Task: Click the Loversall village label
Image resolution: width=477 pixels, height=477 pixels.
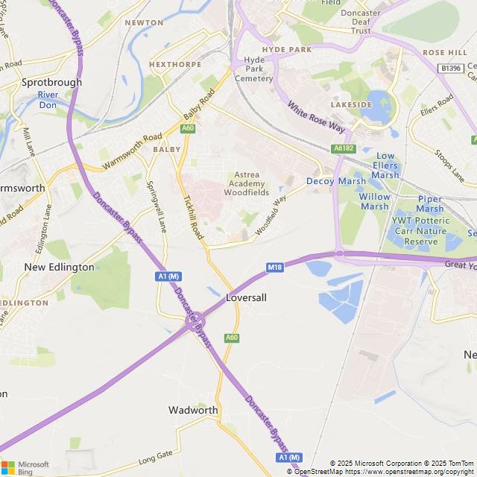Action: click(x=246, y=297)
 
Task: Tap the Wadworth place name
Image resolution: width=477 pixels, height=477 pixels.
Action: click(x=193, y=410)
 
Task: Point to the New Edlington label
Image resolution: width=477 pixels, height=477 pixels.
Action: click(x=60, y=267)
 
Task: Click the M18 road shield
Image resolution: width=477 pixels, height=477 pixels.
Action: click(x=274, y=267)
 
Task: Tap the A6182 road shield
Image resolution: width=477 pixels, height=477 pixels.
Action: click(x=344, y=148)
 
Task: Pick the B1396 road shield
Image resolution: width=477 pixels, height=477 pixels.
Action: click(x=451, y=68)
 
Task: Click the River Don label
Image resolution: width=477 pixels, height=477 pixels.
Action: click(x=48, y=100)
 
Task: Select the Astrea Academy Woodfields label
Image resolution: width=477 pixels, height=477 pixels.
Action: click(x=247, y=183)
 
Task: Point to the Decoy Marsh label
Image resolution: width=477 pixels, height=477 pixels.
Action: click(x=336, y=181)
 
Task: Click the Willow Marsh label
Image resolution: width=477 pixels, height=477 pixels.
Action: click(x=374, y=201)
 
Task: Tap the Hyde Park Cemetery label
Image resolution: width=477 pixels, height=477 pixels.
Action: click(x=254, y=69)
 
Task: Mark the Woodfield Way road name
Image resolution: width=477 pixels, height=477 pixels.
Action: click(x=271, y=216)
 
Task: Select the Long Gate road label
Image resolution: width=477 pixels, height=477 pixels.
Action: click(x=155, y=456)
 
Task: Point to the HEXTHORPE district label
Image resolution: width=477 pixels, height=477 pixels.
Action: click(x=175, y=65)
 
